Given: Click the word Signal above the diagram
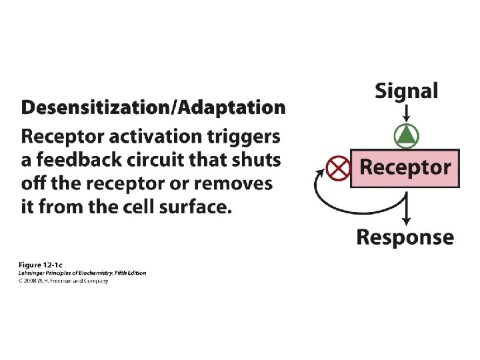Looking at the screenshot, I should (406, 91).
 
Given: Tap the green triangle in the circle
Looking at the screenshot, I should (405, 136).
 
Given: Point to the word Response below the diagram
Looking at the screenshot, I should (405, 237).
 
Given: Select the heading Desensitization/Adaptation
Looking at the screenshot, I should (153, 109).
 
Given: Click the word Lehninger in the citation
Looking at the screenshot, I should (33, 273).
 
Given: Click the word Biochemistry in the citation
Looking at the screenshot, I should (92, 273).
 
